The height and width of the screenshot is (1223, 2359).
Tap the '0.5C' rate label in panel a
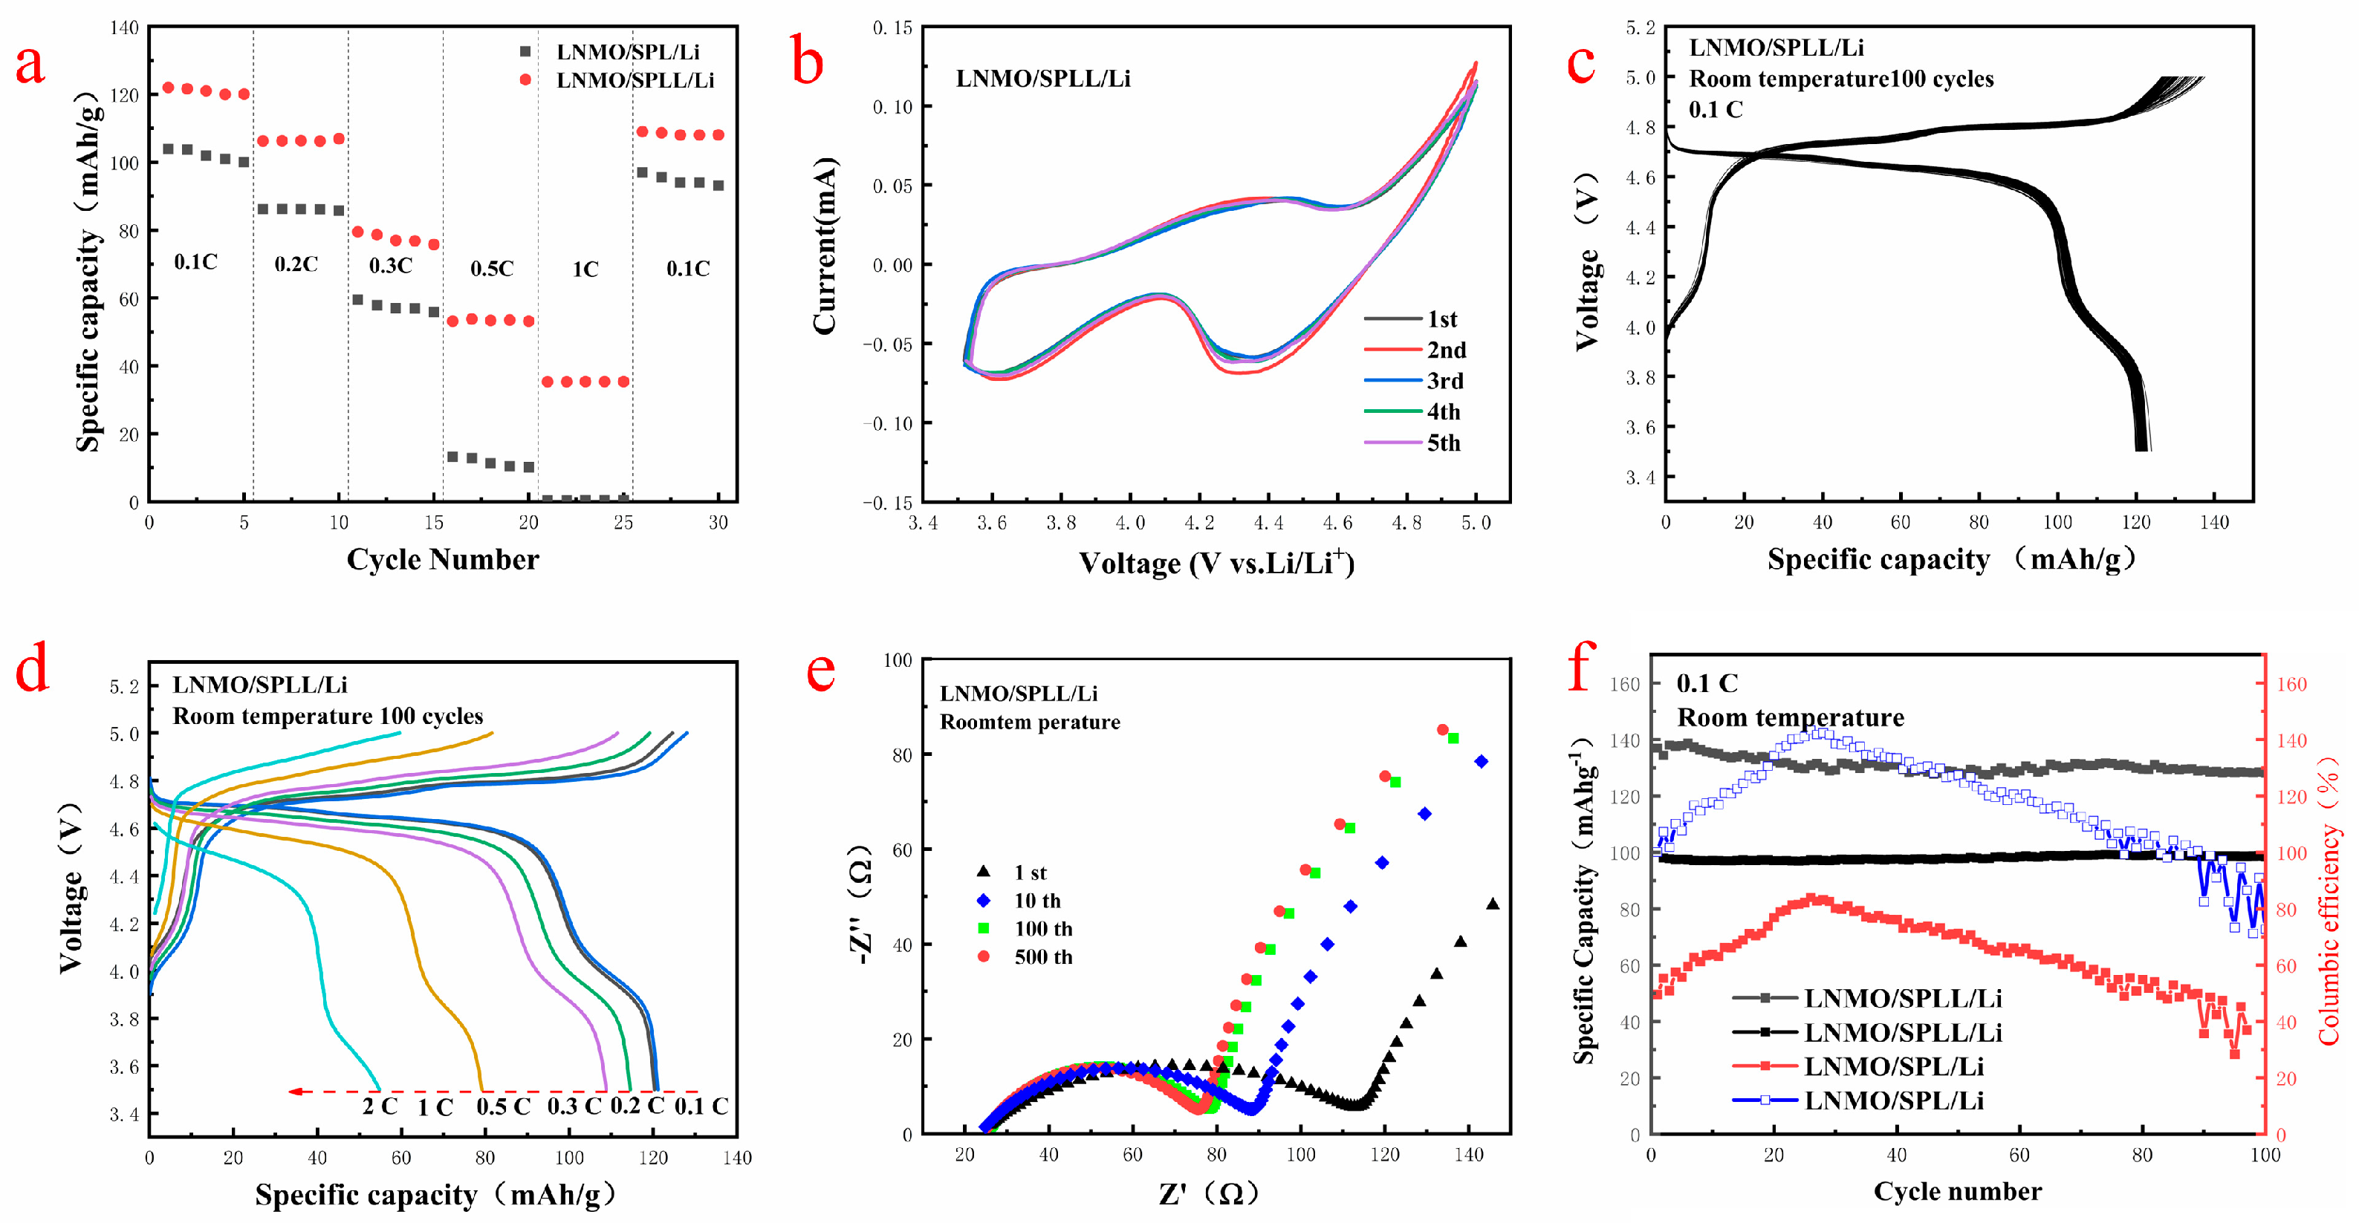[x=492, y=268]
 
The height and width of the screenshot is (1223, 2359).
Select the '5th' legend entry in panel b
[x=1442, y=443]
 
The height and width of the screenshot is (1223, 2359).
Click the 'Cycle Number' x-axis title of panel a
[x=442, y=559]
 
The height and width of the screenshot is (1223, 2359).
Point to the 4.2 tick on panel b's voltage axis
[x=1198, y=523]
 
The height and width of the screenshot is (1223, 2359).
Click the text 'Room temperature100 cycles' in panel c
[x=1840, y=79]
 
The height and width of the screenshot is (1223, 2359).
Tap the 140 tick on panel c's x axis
[x=2214, y=523]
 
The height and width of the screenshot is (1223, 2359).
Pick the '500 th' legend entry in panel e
[x=1042, y=956]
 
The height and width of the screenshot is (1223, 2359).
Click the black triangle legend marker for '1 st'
[x=984, y=872]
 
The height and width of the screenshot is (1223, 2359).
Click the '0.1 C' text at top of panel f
[x=1707, y=684]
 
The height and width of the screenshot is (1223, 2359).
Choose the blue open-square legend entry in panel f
[x=1893, y=1100]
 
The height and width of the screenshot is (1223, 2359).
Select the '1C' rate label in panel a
[x=585, y=269]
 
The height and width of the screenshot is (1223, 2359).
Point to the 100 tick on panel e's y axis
[x=898, y=660]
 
